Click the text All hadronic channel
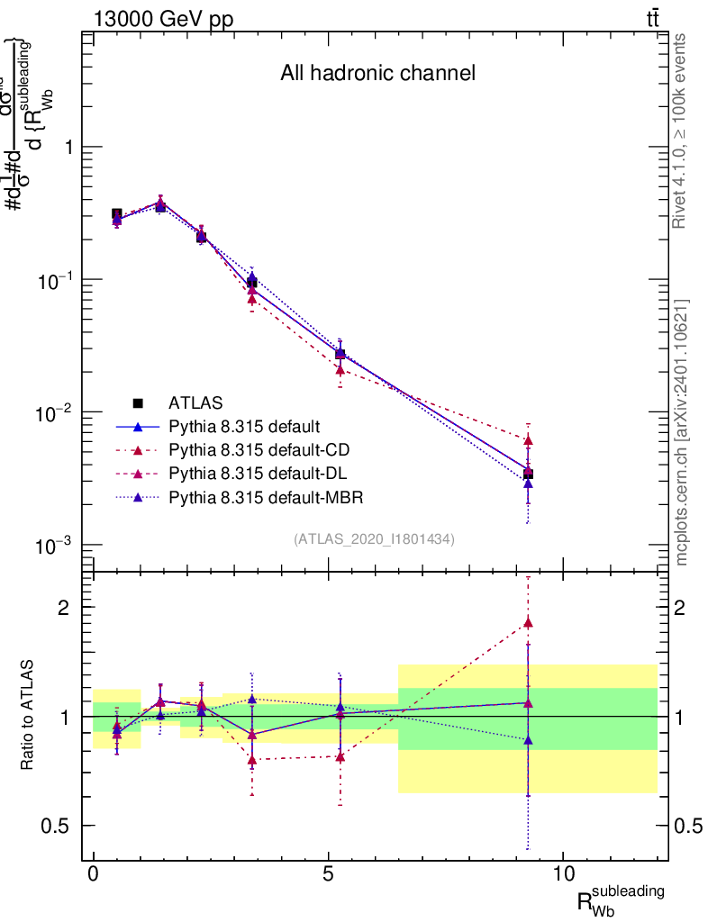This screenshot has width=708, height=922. click(x=377, y=73)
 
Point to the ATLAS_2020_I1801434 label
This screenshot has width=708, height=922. click(x=374, y=539)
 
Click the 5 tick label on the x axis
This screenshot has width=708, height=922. click(x=328, y=873)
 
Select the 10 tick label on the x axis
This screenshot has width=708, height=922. click(x=562, y=873)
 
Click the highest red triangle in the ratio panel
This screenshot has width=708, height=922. click(x=528, y=622)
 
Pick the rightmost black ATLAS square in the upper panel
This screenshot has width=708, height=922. click(x=528, y=474)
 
